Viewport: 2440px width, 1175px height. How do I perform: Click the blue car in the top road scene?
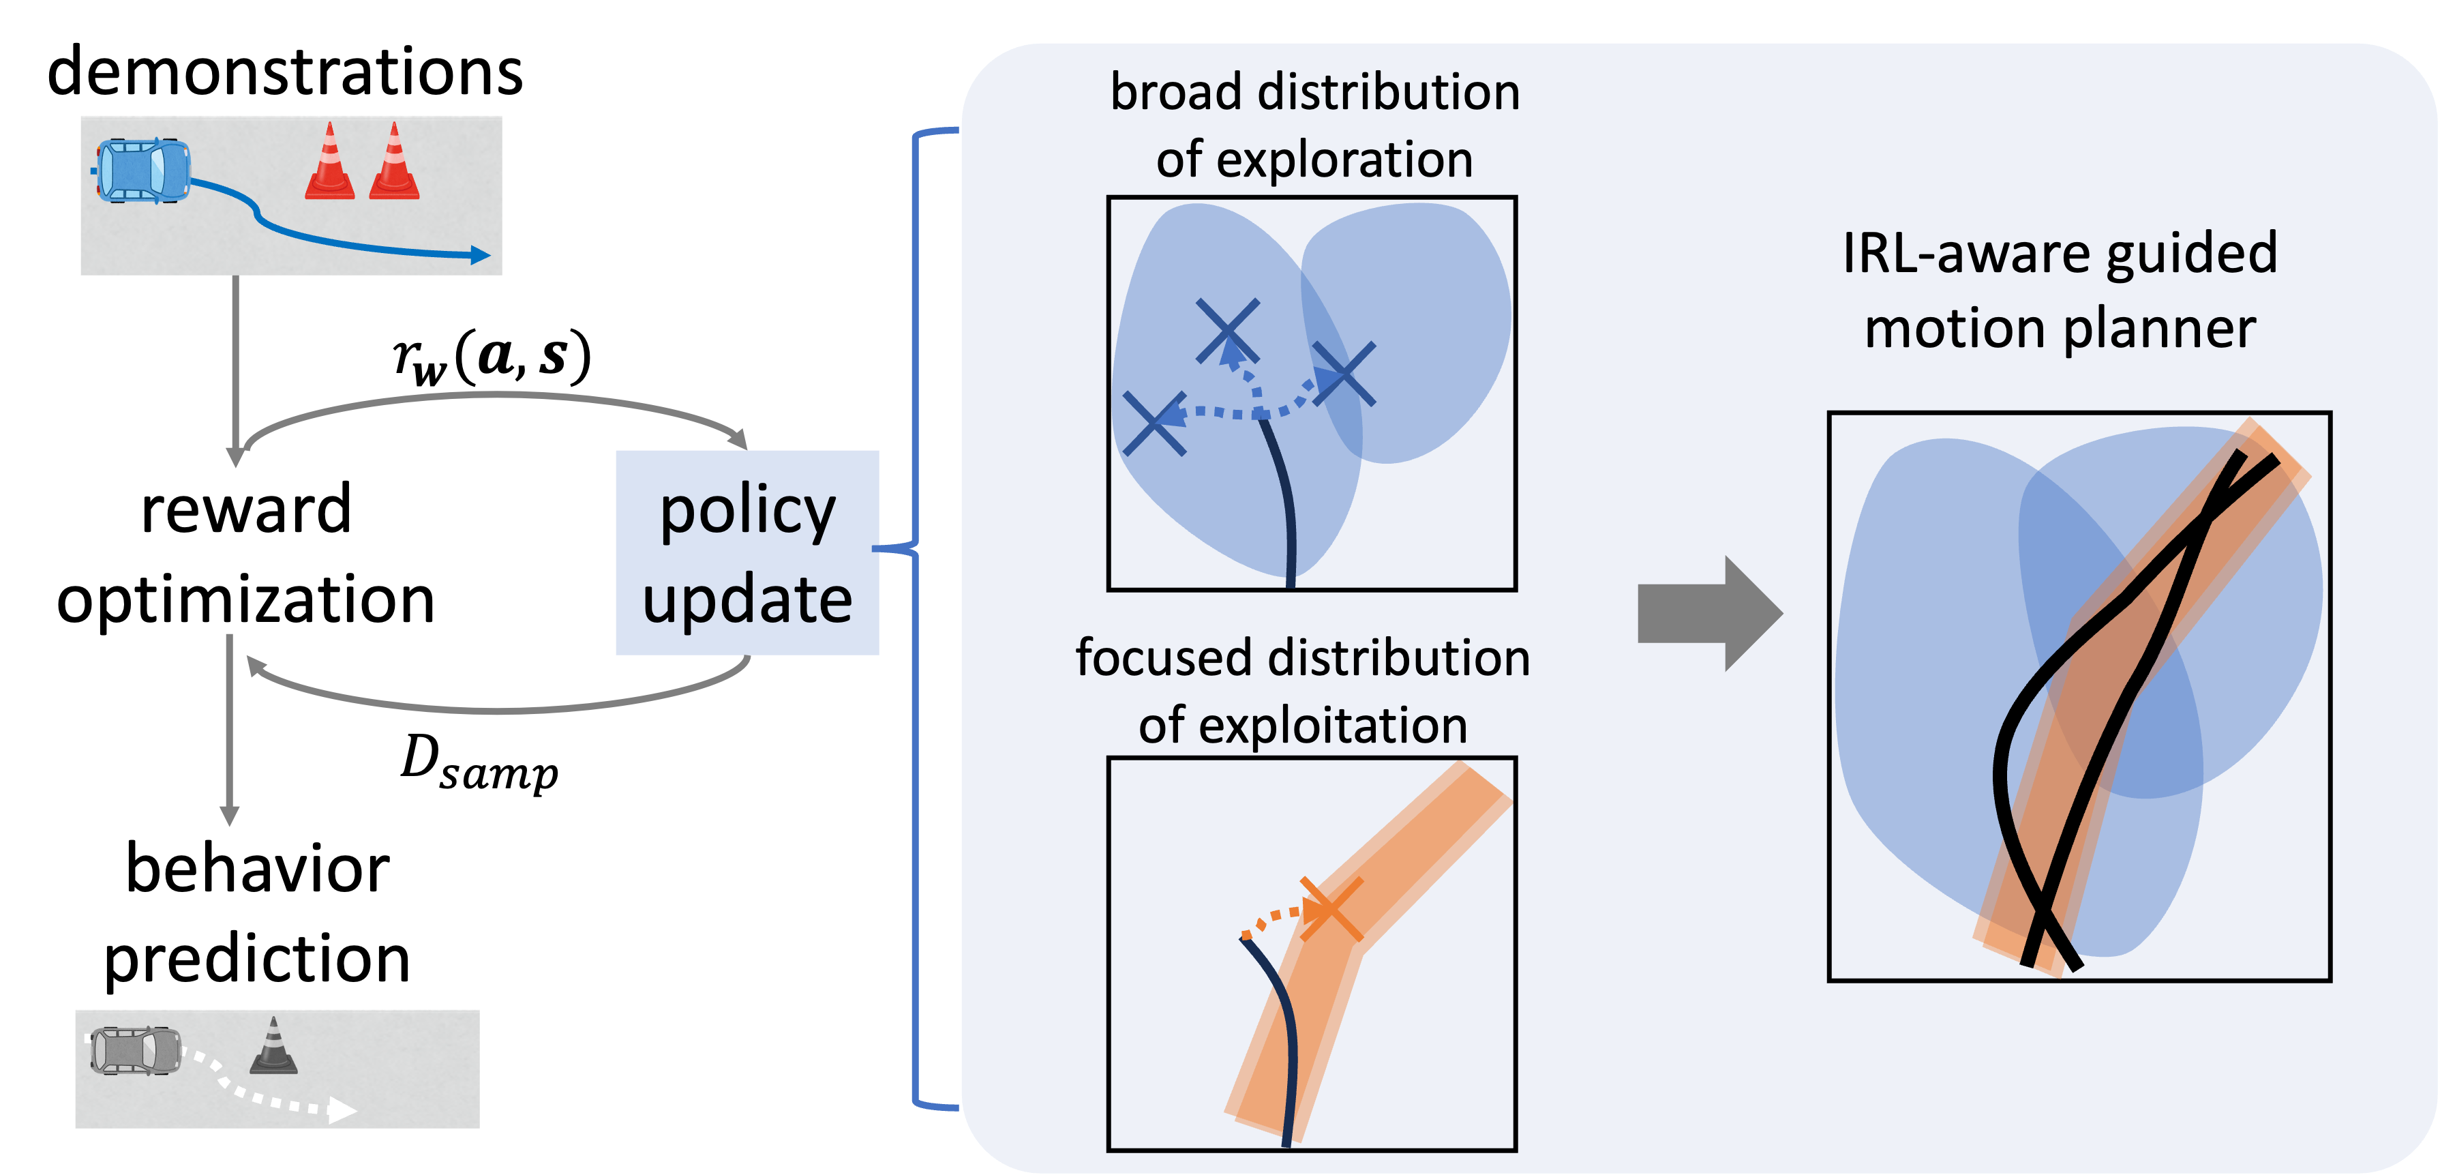pos(142,170)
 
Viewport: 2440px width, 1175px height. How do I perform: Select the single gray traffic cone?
pos(274,1047)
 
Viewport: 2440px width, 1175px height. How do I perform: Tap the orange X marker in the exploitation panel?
pos(1330,908)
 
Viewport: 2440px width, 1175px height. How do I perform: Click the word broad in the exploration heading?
pos(1175,93)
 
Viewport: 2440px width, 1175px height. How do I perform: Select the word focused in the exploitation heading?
pos(1162,657)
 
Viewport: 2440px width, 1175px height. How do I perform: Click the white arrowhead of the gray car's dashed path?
pos(343,1110)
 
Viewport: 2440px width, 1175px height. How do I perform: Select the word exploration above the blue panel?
pos(1344,159)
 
